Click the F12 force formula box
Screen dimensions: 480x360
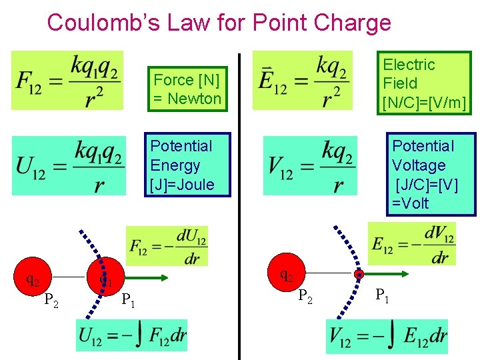(67, 80)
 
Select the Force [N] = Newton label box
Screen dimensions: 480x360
(187, 89)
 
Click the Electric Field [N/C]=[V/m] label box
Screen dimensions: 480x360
(423, 83)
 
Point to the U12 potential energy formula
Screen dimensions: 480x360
(69, 166)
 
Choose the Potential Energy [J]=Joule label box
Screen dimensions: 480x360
(188, 165)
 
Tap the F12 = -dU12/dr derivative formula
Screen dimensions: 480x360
(167, 246)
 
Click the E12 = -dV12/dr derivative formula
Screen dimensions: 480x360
(411, 243)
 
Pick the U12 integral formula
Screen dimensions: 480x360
(132, 335)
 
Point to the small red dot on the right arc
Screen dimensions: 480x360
(359, 274)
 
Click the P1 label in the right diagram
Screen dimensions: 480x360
(383, 295)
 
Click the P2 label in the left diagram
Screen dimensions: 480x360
(51, 301)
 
